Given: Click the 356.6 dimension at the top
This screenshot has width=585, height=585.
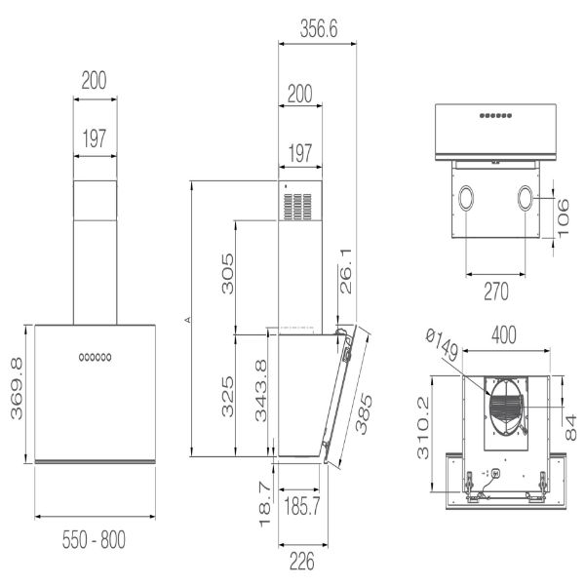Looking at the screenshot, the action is [x=319, y=28].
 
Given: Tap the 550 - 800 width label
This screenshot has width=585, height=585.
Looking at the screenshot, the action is [x=94, y=539].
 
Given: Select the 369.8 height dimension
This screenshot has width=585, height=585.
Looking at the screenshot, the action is [x=17, y=388].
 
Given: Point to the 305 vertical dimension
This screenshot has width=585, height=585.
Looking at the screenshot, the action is [x=227, y=274].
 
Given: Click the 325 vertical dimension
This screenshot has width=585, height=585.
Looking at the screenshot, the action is [x=227, y=396].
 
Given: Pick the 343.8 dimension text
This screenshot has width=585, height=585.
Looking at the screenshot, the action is [x=260, y=390].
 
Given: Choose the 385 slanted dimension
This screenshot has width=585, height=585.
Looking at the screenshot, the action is [x=363, y=413].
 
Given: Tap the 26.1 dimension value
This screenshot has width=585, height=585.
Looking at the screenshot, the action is [x=346, y=271].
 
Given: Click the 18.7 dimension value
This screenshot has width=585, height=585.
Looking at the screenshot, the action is [x=264, y=504].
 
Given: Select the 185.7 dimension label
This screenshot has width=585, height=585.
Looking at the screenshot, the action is [x=302, y=506].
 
